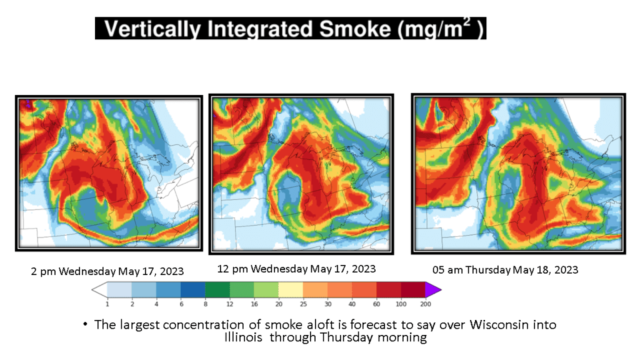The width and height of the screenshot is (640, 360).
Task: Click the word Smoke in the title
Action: tap(355, 29)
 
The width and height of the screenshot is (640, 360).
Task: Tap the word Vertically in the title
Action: tap(152, 29)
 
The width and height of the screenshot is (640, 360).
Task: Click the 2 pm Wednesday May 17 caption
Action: tap(107, 271)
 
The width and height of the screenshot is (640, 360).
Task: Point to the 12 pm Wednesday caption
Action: tap(296, 269)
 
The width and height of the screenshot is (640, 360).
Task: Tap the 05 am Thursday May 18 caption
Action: tap(505, 270)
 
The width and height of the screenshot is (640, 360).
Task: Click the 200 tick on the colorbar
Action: tap(425, 304)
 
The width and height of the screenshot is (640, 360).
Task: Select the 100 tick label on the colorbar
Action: tap(401, 304)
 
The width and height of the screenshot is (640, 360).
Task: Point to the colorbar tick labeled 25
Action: tap(303, 304)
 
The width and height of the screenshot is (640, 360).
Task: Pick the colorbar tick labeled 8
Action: tap(205, 304)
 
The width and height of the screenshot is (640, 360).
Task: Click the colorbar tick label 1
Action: tap(107, 304)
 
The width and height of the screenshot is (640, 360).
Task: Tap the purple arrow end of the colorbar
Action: tap(432, 290)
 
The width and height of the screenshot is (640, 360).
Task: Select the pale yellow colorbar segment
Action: tap(291, 290)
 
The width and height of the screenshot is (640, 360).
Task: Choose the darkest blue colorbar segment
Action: tap(192, 290)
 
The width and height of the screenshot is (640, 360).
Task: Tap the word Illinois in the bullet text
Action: tap(243, 337)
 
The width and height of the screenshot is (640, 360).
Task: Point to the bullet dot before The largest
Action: tap(85, 324)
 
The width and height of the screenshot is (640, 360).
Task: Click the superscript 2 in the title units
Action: tap(466, 22)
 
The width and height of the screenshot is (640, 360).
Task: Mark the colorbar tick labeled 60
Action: tap(376, 304)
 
